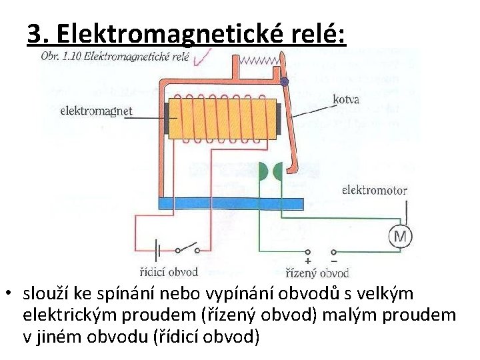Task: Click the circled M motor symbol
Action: point(400,236)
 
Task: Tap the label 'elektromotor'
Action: point(374,190)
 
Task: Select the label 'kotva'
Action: point(346,100)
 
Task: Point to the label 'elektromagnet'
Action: point(96,111)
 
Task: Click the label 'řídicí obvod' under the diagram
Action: point(169,272)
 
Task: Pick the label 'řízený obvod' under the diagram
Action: point(317,273)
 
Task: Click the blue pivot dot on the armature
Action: point(285,82)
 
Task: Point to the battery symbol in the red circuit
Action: point(158,251)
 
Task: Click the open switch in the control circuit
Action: point(187,249)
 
